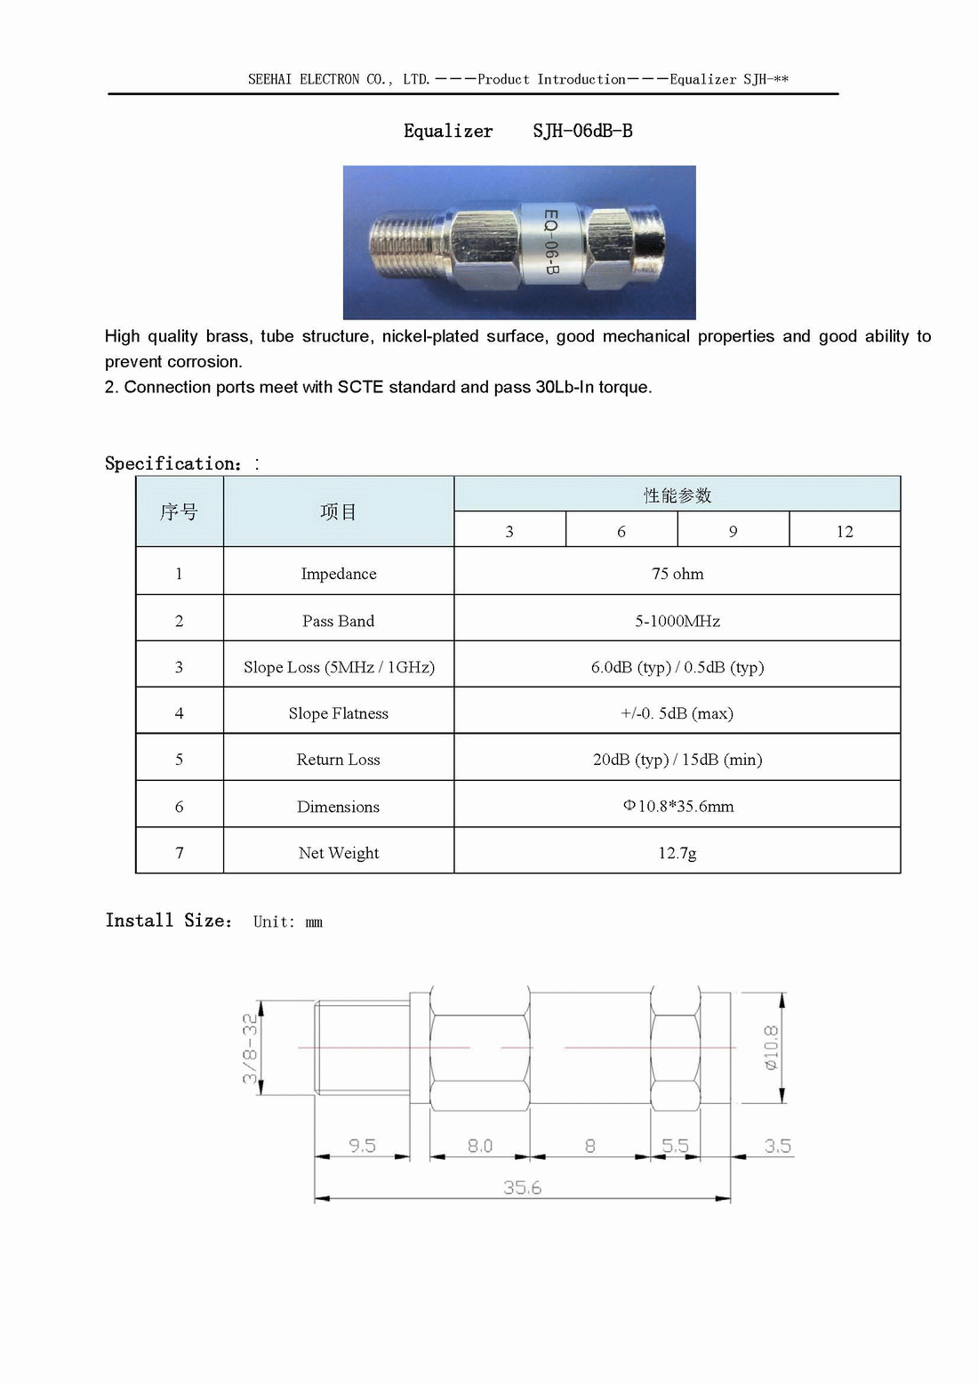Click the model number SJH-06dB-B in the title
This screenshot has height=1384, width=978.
[582, 131]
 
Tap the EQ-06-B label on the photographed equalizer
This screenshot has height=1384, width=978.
[551, 242]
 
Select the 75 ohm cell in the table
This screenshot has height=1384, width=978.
[677, 574]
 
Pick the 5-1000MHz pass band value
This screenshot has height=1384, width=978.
[677, 621]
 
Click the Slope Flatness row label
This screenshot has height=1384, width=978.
[338, 713]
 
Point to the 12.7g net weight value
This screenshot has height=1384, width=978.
[677, 853]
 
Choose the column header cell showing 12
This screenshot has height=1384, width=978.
[845, 532]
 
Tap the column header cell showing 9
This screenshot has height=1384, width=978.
[733, 532]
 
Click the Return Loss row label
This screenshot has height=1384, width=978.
[338, 760]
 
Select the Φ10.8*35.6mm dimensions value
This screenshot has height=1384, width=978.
[678, 807]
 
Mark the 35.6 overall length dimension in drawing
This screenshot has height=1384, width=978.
[522, 1187]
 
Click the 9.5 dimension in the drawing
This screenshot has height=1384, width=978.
[362, 1146]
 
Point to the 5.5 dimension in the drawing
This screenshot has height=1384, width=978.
[675, 1146]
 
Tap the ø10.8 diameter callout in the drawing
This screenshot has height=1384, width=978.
[771, 1047]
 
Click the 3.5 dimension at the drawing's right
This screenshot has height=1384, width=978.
[777, 1146]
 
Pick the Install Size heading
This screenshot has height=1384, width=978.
[168, 921]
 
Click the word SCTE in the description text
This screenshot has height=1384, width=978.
[360, 387]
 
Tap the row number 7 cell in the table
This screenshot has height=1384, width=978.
[179, 853]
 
